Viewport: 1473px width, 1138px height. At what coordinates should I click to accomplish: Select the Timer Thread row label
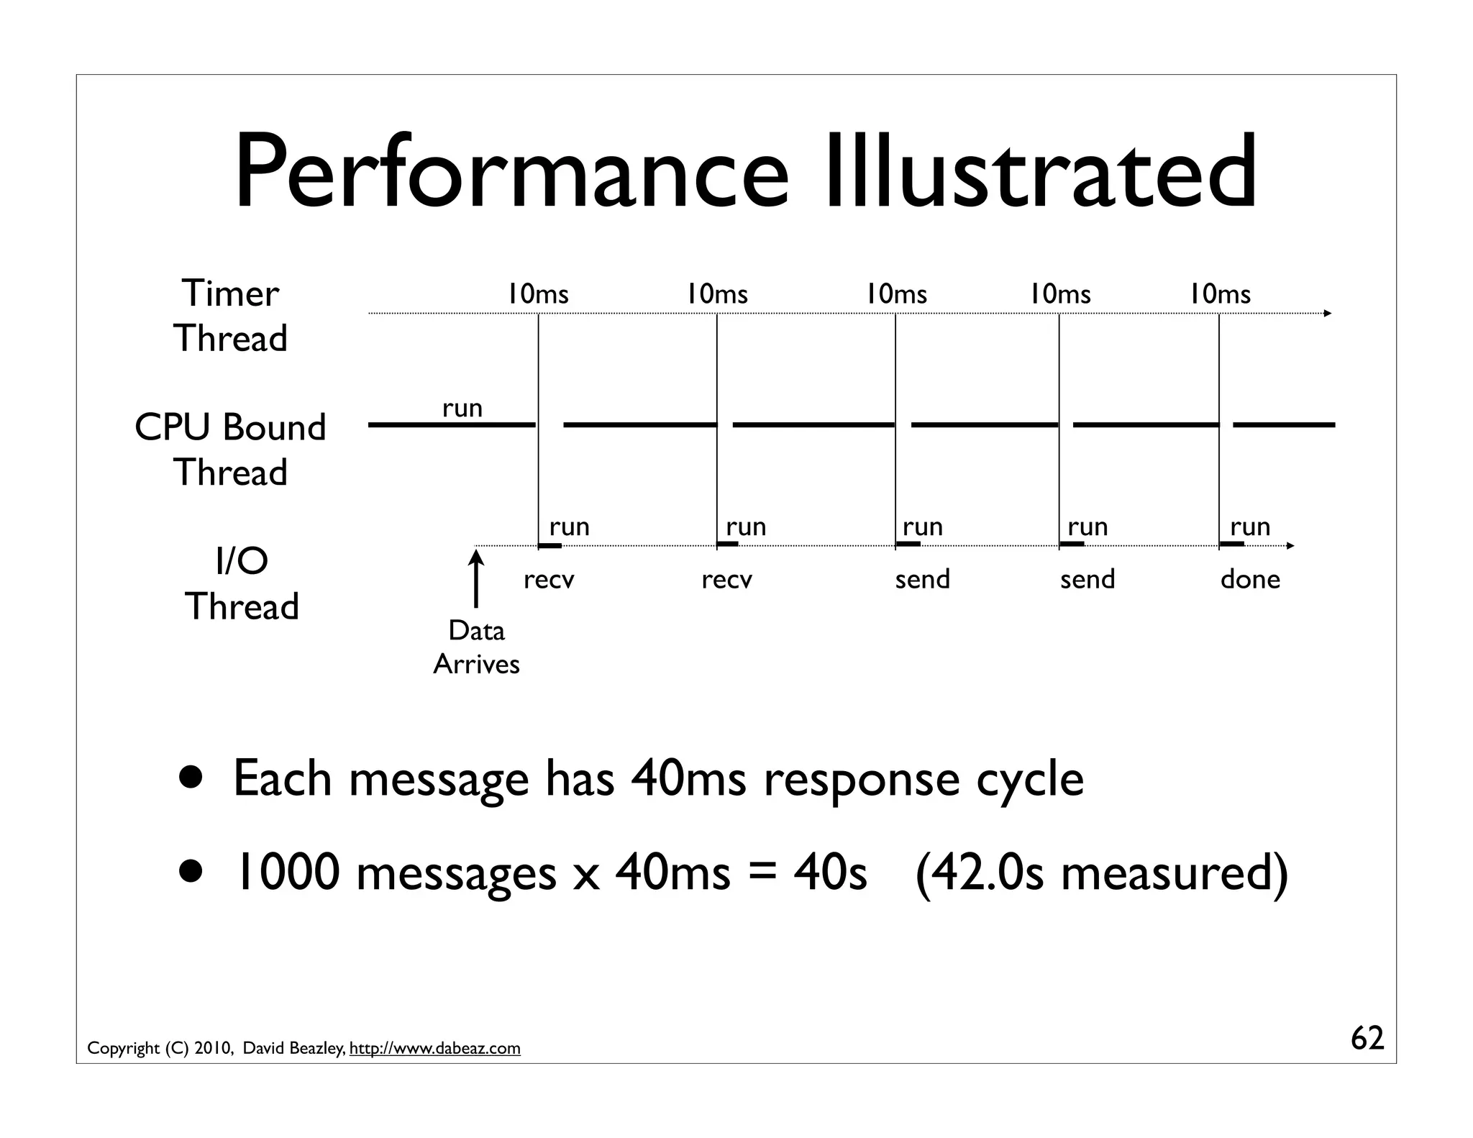[230, 316]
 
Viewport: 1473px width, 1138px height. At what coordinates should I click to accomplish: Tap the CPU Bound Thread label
[230, 450]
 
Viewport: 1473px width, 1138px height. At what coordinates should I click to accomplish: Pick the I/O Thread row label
[242, 583]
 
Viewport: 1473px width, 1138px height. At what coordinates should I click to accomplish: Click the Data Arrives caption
[476, 647]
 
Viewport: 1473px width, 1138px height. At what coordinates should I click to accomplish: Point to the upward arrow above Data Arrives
[475, 578]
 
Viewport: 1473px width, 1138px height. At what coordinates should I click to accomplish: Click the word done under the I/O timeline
[1250, 579]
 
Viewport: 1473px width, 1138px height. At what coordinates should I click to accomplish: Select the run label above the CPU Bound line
[462, 409]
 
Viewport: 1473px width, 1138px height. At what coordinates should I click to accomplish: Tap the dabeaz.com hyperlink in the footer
[434, 1048]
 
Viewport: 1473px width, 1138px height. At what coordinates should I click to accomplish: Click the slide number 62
[1367, 1038]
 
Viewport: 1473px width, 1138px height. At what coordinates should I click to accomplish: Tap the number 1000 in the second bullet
[287, 872]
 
